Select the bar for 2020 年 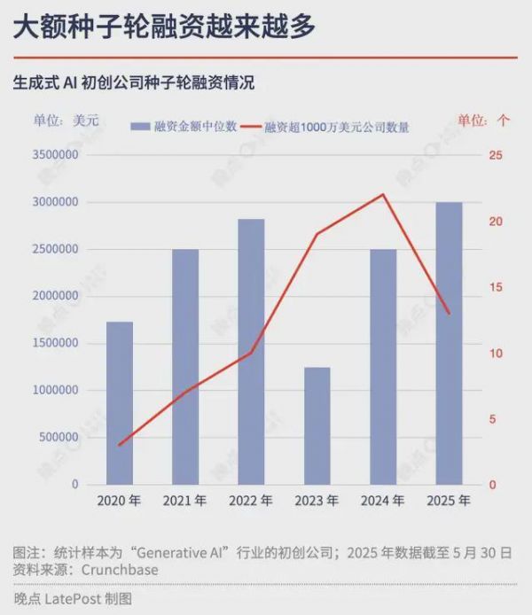(x=120, y=403)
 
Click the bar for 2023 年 (x=317, y=426)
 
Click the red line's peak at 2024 (x=383, y=195)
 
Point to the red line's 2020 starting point (x=120, y=445)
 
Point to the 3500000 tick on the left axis (x=54, y=155)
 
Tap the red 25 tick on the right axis (x=495, y=155)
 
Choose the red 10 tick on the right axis (x=495, y=354)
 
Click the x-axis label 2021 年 (x=184, y=501)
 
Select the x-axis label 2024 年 (x=383, y=501)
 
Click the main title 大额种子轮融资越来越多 (x=164, y=27)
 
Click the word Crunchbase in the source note (x=119, y=570)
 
